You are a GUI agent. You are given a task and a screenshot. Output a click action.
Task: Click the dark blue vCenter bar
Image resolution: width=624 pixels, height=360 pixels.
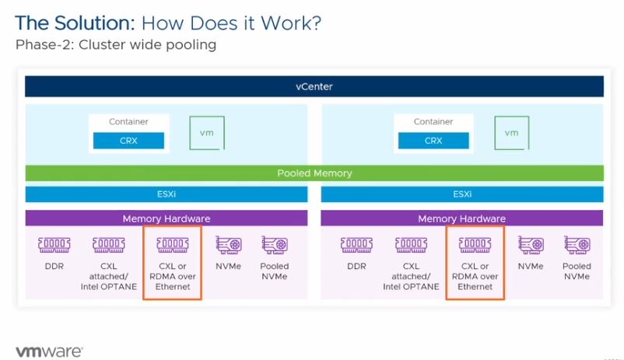[x=314, y=86]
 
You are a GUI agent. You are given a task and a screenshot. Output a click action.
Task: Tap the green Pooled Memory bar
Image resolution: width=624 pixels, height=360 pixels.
[x=314, y=173]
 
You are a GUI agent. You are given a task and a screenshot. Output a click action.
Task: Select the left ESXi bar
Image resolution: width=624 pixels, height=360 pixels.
[x=167, y=194]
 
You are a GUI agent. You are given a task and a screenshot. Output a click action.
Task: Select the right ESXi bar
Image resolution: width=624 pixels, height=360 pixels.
[x=461, y=194]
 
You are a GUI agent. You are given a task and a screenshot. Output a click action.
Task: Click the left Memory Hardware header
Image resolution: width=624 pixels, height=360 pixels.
[x=167, y=218]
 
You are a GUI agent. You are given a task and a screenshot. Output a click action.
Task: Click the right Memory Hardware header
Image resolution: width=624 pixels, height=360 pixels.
[x=461, y=218]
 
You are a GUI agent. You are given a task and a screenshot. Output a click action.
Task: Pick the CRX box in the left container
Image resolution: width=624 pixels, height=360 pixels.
[x=128, y=141]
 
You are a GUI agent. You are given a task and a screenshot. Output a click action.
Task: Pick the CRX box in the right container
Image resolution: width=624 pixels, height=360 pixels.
[x=433, y=141]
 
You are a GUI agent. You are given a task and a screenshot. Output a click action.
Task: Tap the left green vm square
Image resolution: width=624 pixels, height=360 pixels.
[x=207, y=133]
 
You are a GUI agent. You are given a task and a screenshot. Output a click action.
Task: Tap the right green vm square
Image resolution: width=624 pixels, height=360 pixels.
[x=511, y=133]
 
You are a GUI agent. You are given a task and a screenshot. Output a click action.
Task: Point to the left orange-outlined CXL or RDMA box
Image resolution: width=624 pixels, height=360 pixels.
[x=172, y=262]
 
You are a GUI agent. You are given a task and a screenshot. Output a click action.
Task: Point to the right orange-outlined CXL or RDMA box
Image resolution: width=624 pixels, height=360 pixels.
[x=475, y=262]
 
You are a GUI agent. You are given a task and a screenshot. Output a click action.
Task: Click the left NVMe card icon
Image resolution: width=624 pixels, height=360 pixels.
[x=228, y=246]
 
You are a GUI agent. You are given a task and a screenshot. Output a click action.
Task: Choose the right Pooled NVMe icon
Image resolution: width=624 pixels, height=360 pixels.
[x=576, y=246]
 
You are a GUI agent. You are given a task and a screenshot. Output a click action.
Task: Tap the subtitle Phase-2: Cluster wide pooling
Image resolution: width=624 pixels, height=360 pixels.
[x=115, y=45]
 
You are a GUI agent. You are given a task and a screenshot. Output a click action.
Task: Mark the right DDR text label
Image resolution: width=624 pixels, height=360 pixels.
[x=356, y=267]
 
